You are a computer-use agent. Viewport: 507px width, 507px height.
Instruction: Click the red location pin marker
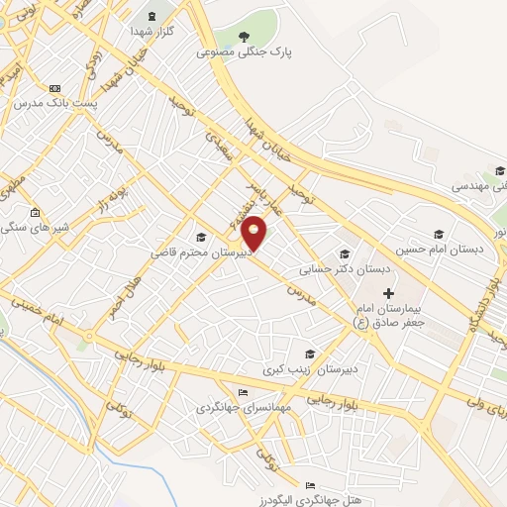click(254, 233)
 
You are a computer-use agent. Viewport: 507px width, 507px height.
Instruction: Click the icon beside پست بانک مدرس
click(54, 88)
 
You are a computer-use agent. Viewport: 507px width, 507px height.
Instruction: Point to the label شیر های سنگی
click(35, 227)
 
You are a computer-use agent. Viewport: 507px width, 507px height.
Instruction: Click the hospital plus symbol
click(388, 293)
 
